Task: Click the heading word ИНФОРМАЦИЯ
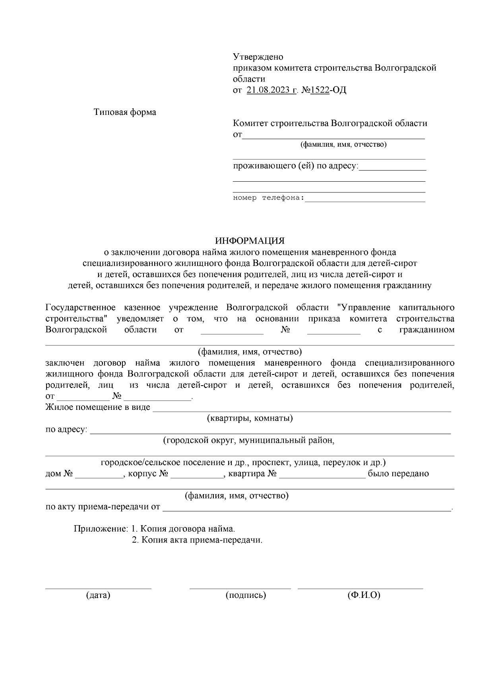(250, 241)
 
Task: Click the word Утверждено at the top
(258, 57)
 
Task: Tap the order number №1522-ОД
(324, 90)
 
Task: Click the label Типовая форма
(125, 112)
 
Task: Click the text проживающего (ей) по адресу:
(295, 166)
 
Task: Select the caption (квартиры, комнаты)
(250, 418)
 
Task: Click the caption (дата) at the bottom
(98, 595)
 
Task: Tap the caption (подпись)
(246, 595)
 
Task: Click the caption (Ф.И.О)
(363, 595)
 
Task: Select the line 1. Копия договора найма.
(183, 529)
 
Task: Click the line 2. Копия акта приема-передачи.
(197, 540)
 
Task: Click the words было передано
(398, 474)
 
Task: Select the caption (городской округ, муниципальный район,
(249, 440)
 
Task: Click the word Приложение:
(101, 529)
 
